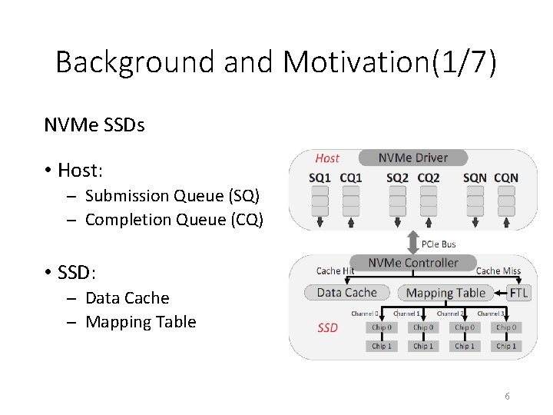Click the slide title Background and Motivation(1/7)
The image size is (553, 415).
click(276, 61)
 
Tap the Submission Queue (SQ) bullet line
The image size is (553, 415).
click(174, 196)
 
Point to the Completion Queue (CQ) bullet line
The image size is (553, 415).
click(174, 220)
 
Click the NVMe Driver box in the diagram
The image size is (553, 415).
click(412, 158)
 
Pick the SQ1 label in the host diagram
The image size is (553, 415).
click(319, 178)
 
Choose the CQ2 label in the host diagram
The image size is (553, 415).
click(429, 178)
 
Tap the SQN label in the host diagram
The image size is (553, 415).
click(474, 178)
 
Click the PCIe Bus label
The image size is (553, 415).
click(439, 244)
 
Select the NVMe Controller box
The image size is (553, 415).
click(412, 263)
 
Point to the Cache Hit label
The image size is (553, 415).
click(336, 271)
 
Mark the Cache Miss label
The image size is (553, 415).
click(498, 271)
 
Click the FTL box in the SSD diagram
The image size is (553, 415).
click(519, 292)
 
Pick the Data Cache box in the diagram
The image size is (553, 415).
click(346, 292)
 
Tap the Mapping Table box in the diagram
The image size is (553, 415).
click(445, 292)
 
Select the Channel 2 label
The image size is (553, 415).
click(449, 314)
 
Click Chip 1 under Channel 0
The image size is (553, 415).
click(382, 346)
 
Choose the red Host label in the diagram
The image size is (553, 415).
click(327, 158)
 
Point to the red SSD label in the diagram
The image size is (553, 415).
click(328, 328)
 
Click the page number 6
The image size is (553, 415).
click(508, 396)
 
